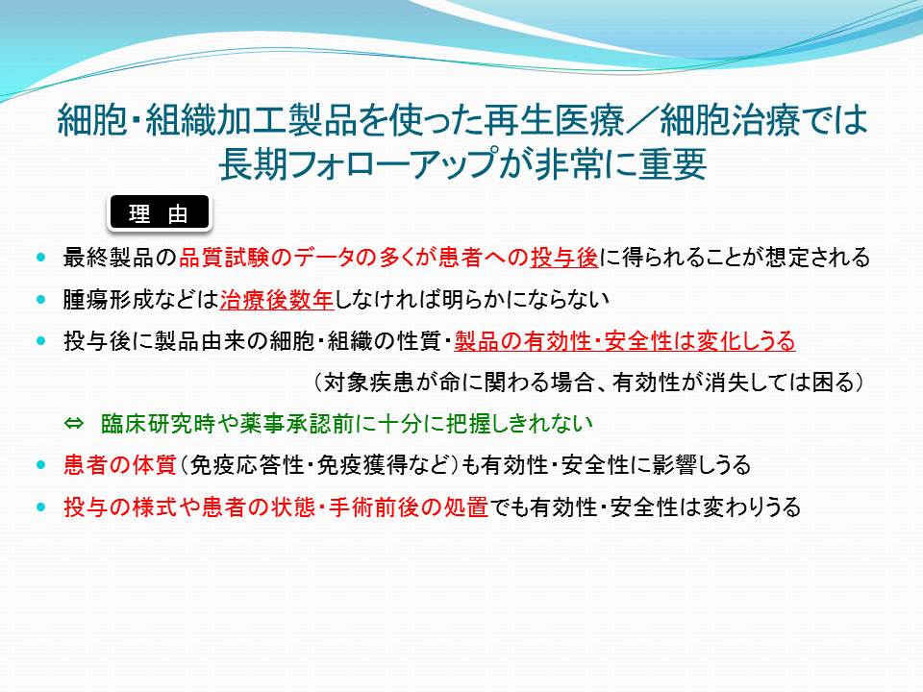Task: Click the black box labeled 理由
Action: pyautogui.click(x=159, y=212)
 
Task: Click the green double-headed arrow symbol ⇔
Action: pyautogui.click(x=74, y=423)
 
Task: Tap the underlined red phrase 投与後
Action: pyautogui.click(x=564, y=258)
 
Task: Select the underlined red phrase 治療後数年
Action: pyautogui.click(x=277, y=299)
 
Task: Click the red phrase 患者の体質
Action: pyautogui.click(x=120, y=465)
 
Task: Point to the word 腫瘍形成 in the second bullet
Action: pyautogui.click(x=109, y=299)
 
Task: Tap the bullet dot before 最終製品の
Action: pyautogui.click(x=40, y=258)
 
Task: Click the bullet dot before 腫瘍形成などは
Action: pyautogui.click(x=40, y=299)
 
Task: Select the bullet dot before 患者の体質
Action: pyautogui.click(x=40, y=465)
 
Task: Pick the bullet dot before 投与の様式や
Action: pyautogui.click(x=40, y=507)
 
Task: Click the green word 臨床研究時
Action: pyautogui.click(x=158, y=423)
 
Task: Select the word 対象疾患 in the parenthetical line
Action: pyautogui.click(x=368, y=383)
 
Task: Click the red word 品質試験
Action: pyautogui.click(x=224, y=258)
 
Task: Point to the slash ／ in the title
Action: pyautogui.click(x=641, y=121)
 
